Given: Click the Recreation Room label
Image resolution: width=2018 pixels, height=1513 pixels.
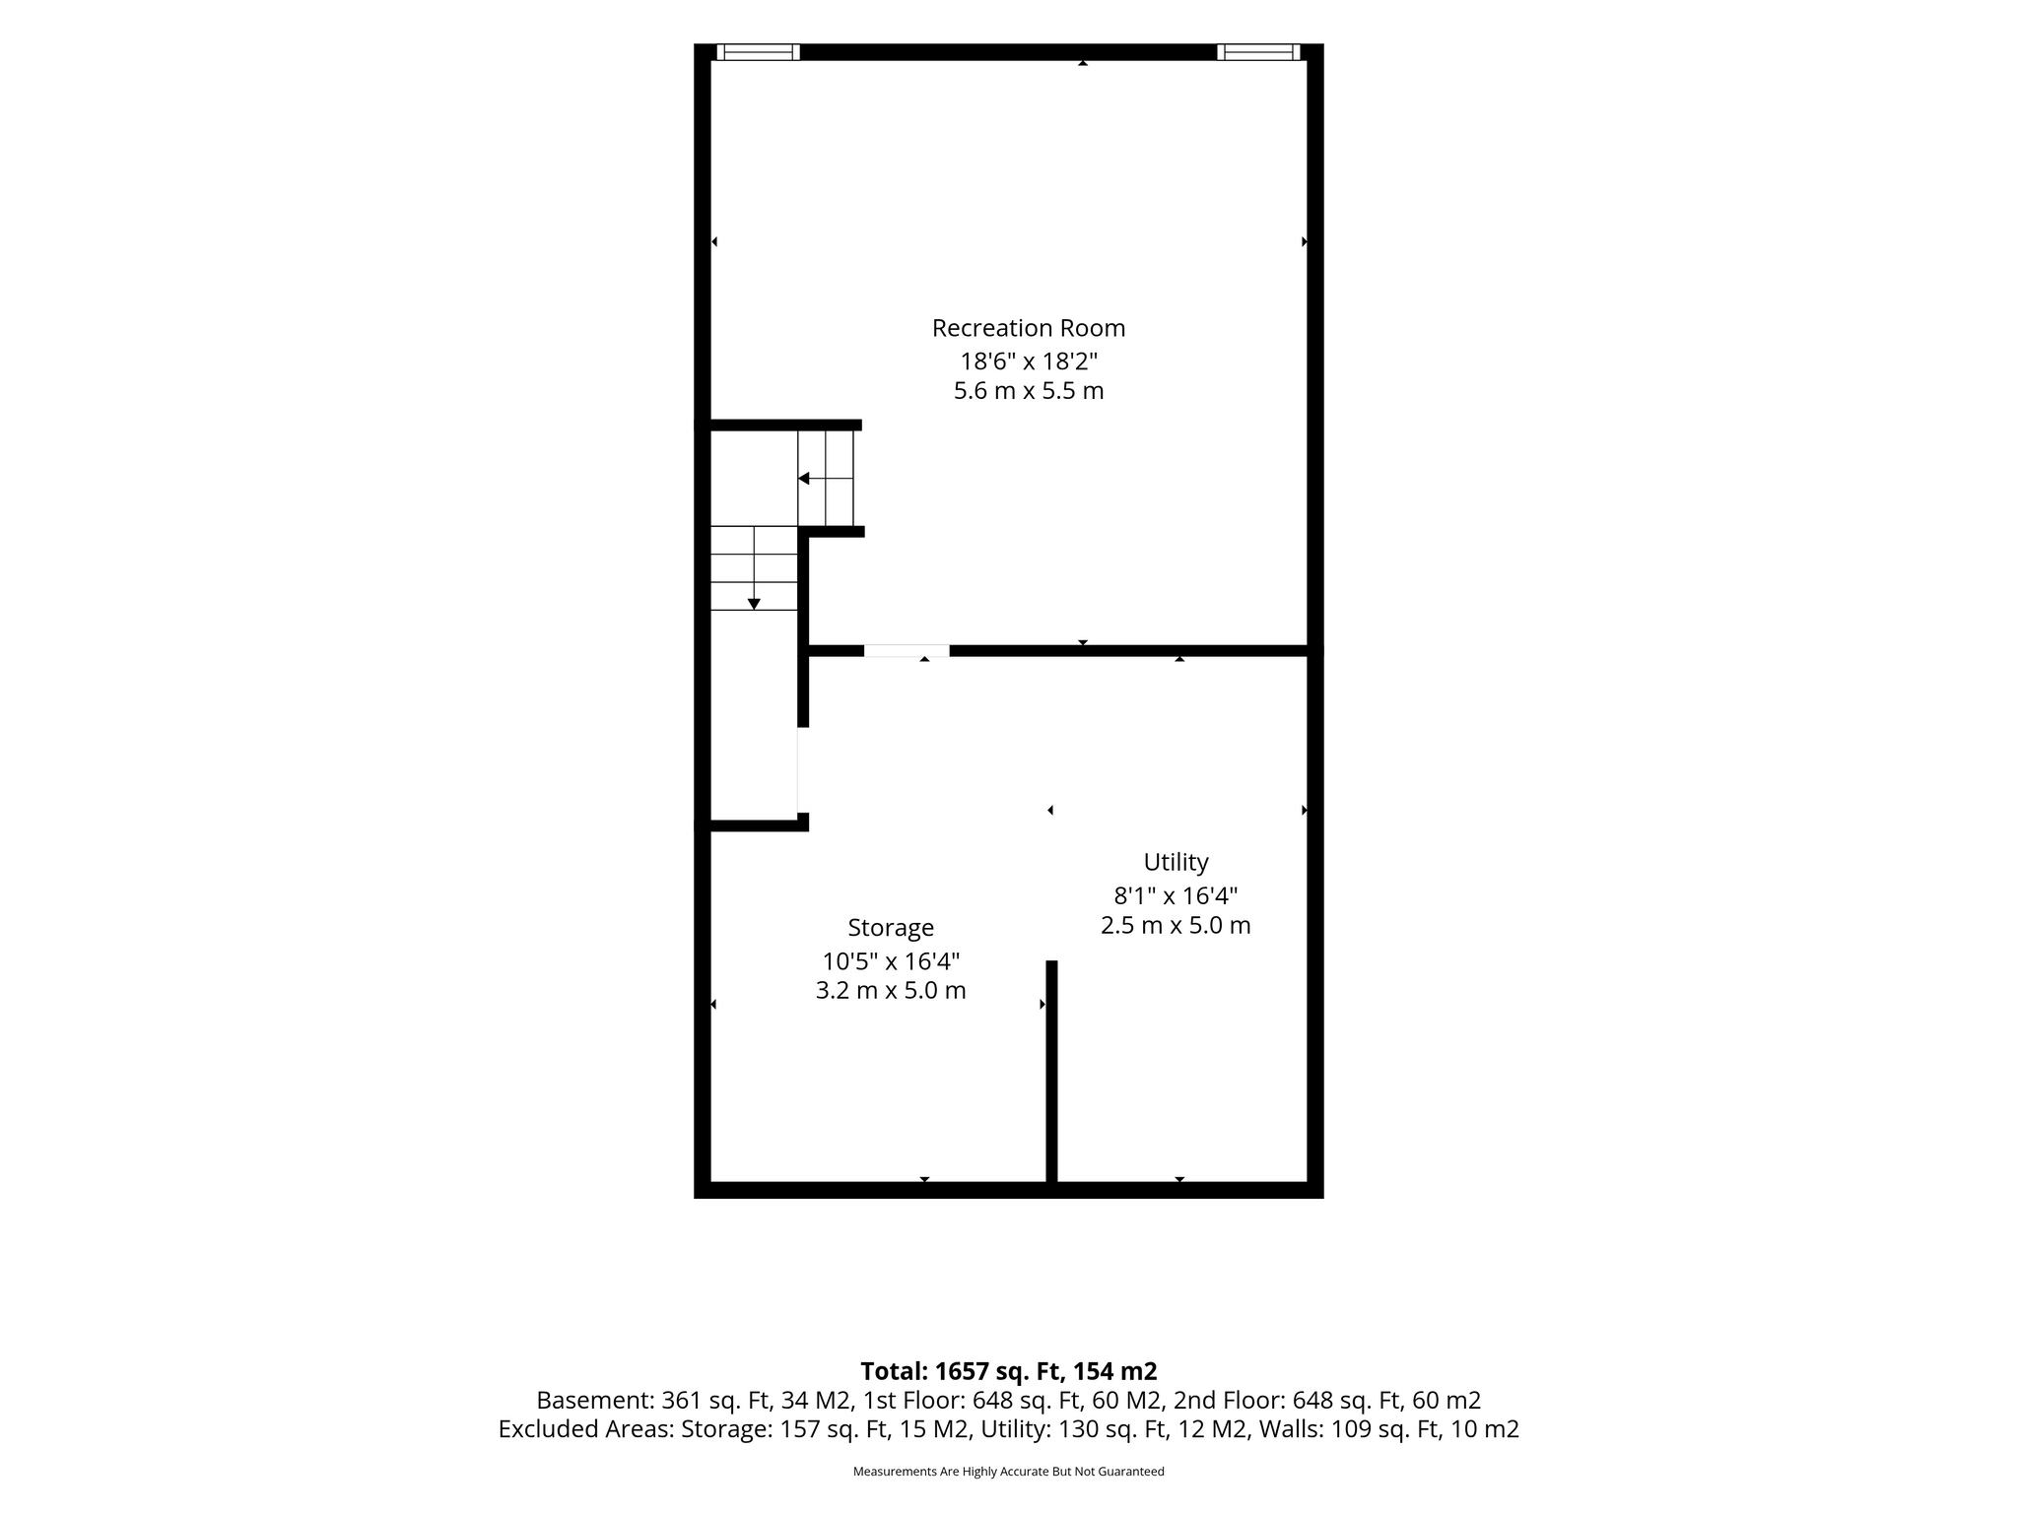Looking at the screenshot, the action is coord(1029,328).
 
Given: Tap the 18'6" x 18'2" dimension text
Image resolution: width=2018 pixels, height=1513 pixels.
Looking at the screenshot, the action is coord(1029,361).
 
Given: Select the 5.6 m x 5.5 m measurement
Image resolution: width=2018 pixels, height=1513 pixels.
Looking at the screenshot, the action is coord(1029,391).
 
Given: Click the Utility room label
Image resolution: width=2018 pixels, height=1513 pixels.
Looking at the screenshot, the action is coord(1176,863).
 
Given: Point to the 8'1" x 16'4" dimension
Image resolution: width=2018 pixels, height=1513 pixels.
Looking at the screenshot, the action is coord(1176,895).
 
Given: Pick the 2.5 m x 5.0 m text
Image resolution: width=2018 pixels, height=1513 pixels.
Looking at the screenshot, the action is coord(1176,926).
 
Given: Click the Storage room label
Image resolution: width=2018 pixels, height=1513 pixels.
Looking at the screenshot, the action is coord(891,929).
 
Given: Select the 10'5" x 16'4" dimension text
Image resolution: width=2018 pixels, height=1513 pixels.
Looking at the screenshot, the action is coord(891,960).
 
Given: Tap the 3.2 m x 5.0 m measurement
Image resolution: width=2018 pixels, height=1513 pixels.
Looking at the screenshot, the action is coord(891,991).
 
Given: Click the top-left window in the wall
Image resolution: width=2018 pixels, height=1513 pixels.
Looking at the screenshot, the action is coord(758,52).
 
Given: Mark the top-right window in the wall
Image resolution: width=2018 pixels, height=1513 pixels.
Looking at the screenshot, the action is coord(1258,52).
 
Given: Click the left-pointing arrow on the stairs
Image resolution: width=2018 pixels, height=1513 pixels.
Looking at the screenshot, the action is coord(825,479).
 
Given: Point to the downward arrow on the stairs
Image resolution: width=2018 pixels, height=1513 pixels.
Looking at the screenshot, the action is coord(754,568).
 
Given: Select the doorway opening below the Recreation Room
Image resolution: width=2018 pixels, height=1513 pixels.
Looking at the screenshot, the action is coord(907,651).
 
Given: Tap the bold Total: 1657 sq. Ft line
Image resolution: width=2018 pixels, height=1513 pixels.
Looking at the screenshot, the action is coord(1009,1371).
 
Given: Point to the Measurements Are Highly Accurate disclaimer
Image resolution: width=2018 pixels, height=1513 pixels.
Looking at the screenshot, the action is coord(1009,1472).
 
